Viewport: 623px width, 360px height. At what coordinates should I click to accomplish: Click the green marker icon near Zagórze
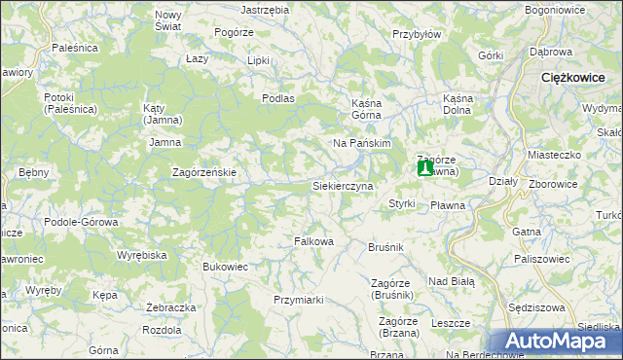(425, 168)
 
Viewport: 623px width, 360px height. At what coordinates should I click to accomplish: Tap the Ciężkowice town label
(579, 76)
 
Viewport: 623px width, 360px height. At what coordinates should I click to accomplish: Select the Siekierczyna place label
(342, 185)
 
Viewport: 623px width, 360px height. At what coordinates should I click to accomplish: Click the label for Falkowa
(314, 241)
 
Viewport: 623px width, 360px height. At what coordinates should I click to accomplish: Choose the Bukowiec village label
(225, 266)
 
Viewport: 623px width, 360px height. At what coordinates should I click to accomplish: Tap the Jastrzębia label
(265, 9)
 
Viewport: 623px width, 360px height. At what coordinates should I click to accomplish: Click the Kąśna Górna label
(370, 108)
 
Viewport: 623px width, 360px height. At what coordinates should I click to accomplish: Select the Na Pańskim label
(362, 143)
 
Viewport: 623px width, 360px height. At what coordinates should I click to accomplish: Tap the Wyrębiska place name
(144, 254)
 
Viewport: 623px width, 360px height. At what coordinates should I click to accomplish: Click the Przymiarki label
(299, 300)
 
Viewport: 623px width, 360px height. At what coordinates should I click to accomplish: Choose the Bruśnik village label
(385, 248)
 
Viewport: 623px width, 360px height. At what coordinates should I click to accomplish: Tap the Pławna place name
(448, 205)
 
